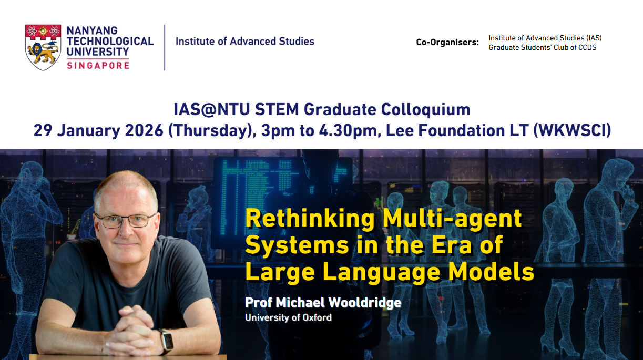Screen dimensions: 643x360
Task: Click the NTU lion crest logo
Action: point(43,47)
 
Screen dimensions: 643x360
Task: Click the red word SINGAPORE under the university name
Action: point(98,65)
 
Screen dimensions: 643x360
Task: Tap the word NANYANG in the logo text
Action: point(92,30)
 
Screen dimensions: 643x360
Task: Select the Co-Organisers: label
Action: point(447,43)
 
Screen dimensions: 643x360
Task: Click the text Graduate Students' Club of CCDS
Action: point(542,47)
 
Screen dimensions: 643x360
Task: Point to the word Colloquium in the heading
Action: point(426,110)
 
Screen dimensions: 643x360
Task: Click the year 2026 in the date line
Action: point(145,130)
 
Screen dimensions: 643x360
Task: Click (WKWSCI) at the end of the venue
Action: point(572,131)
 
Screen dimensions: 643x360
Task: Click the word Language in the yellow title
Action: point(381,273)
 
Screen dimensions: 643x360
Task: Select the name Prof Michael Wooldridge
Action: point(323,302)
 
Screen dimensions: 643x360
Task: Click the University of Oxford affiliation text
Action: point(288,317)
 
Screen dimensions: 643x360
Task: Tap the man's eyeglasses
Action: point(125,221)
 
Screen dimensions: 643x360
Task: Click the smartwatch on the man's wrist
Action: point(167,342)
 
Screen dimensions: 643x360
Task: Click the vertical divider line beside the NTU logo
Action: point(165,48)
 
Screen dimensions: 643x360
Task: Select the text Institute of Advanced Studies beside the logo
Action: point(245,42)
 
